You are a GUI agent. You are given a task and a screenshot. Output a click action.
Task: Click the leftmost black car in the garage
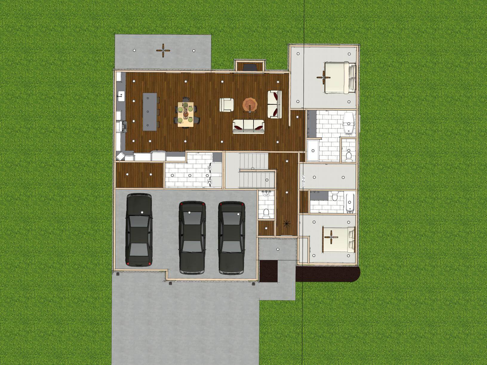coord(139,229)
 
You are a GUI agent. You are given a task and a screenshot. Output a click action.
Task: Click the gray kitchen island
coord(150,111)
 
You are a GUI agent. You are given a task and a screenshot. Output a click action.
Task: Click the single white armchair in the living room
coord(227,105)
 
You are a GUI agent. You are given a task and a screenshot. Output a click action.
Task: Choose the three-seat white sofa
coord(248,127)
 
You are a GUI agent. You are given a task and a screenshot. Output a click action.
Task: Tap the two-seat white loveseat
coord(275,104)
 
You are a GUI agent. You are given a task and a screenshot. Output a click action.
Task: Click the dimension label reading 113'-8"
coord(304,179)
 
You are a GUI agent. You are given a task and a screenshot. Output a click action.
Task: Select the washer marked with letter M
coord(210,182)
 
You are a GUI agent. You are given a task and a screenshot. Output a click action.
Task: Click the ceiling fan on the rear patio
coord(163,51)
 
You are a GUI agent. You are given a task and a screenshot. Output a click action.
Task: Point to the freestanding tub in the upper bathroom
coord(349,123)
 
